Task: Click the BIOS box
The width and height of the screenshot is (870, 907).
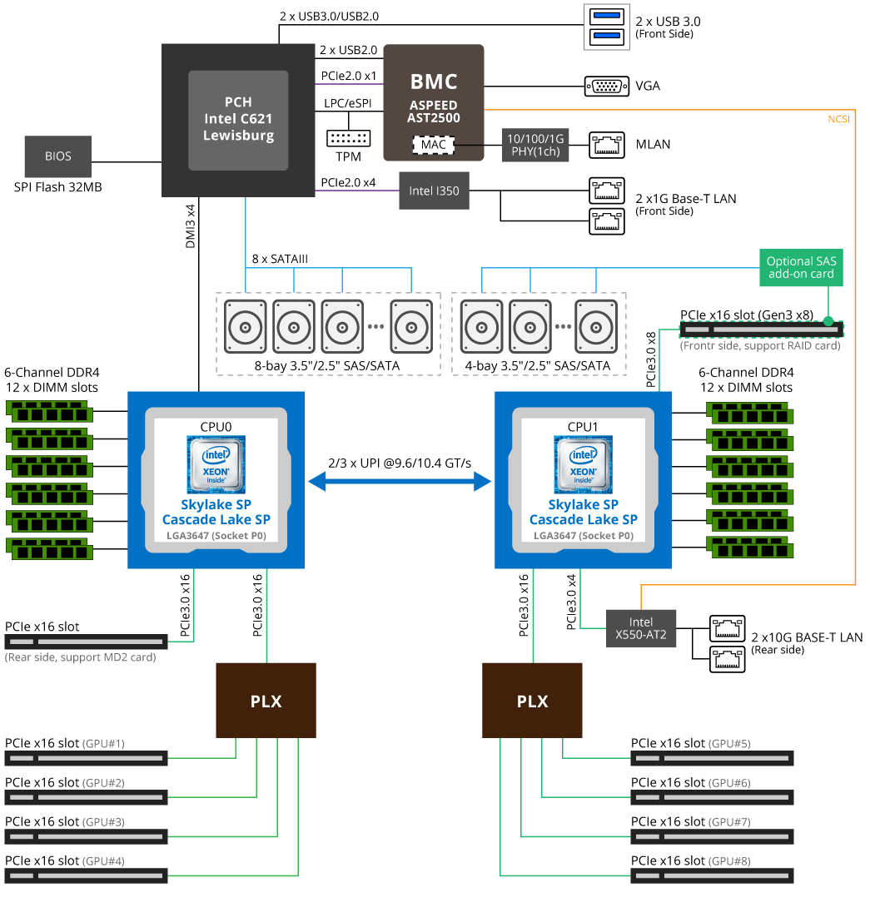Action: [58, 156]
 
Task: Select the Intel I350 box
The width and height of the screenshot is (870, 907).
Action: [431, 191]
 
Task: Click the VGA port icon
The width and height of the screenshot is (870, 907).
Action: [607, 86]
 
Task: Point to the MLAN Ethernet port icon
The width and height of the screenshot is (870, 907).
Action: [607, 145]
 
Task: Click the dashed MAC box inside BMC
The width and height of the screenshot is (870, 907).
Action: [433, 145]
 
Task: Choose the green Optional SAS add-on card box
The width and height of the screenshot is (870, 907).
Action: [802, 267]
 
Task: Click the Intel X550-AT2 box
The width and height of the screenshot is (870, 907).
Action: [641, 629]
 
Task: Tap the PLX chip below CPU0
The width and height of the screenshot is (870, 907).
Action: [266, 701]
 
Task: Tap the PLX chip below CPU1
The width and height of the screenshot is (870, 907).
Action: [532, 701]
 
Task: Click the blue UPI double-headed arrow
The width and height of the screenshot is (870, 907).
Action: [400, 480]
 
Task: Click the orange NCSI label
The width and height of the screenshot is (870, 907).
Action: [838, 119]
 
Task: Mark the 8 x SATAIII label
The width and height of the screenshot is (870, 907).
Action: [280, 259]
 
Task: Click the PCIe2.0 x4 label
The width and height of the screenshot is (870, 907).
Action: [348, 181]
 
